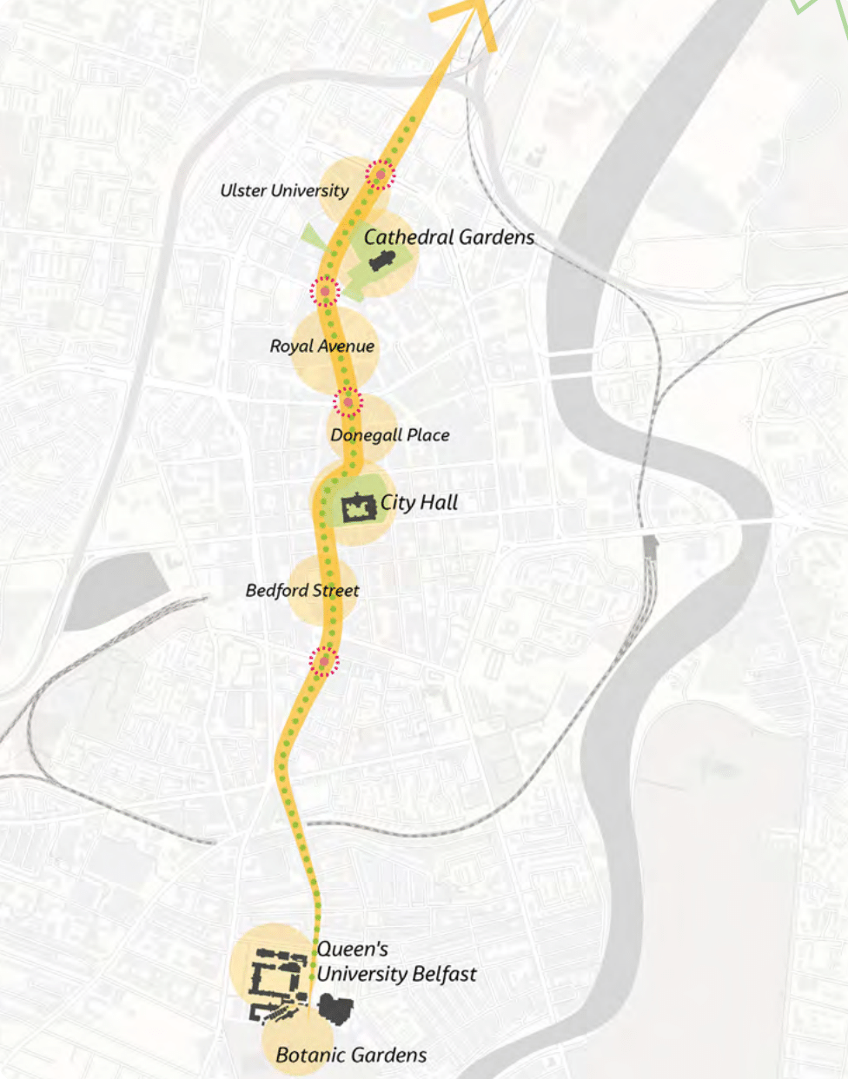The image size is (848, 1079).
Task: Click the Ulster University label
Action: tap(284, 190)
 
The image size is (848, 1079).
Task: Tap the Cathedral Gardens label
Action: tap(448, 237)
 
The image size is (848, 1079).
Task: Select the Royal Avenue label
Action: tap(321, 346)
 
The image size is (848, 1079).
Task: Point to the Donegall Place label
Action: tap(390, 434)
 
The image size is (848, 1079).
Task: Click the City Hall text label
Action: tap(419, 502)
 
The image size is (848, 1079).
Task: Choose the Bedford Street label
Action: tap(302, 591)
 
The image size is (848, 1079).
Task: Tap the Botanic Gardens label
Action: tap(351, 1056)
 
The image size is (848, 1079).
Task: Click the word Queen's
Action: tap(352, 950)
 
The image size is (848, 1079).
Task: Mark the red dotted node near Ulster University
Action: tap(380, 175)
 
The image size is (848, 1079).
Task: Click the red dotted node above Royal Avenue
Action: tap(325, 291)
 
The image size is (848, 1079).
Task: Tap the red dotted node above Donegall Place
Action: tap(348, 402)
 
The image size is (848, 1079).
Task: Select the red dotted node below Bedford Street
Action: tap(323, 662)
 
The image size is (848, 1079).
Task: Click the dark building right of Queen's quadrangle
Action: tap(335, 1008)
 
